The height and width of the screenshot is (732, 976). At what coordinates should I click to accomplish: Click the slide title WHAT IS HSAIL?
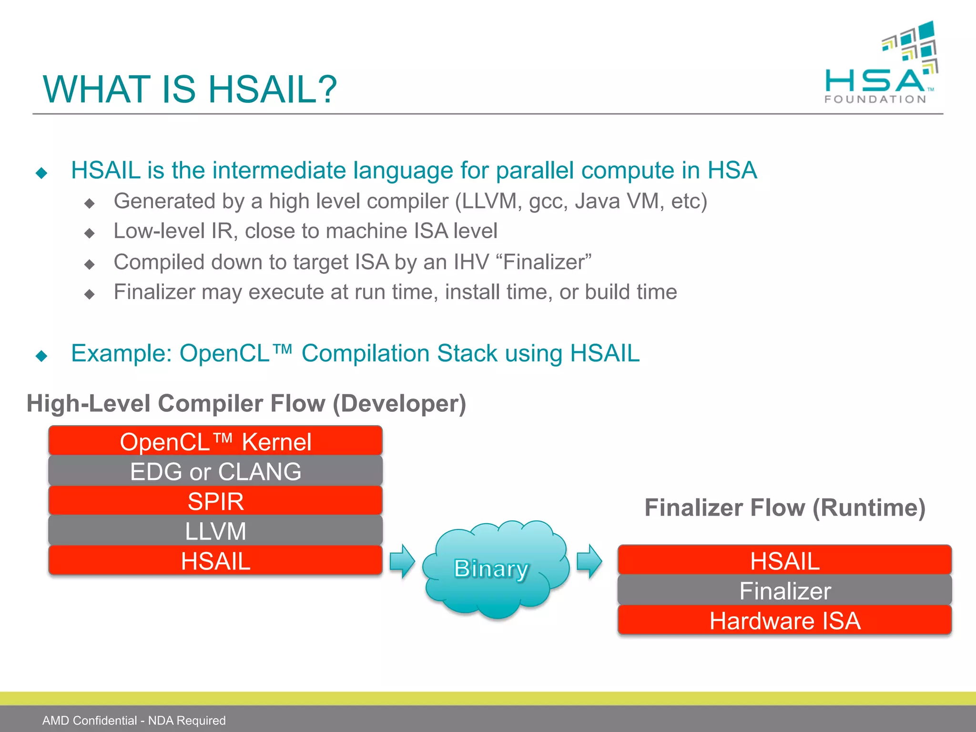coord(190,90)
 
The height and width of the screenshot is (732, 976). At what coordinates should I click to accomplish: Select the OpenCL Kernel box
coord(215,441)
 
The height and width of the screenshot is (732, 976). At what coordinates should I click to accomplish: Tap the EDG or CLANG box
coord(215,471)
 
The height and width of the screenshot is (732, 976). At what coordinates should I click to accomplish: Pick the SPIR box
coord(215,501)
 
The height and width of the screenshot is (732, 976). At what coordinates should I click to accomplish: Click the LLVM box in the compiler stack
coord(215,531)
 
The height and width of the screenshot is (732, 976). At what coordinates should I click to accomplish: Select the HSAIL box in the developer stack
coord(215,561)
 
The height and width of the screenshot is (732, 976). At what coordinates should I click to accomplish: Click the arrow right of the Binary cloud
coord(590,561)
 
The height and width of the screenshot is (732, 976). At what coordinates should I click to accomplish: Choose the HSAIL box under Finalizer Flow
coord(784,560)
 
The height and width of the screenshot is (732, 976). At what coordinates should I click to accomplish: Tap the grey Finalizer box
coord(784,591)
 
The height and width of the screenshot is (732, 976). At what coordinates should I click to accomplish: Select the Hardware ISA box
coord(784,620)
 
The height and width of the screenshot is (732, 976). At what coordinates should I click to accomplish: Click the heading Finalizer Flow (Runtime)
coord(784,508)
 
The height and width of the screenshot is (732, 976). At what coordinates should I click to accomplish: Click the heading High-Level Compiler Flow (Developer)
coord(246,403)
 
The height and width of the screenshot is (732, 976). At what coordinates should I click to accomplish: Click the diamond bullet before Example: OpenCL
coord(41,356)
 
